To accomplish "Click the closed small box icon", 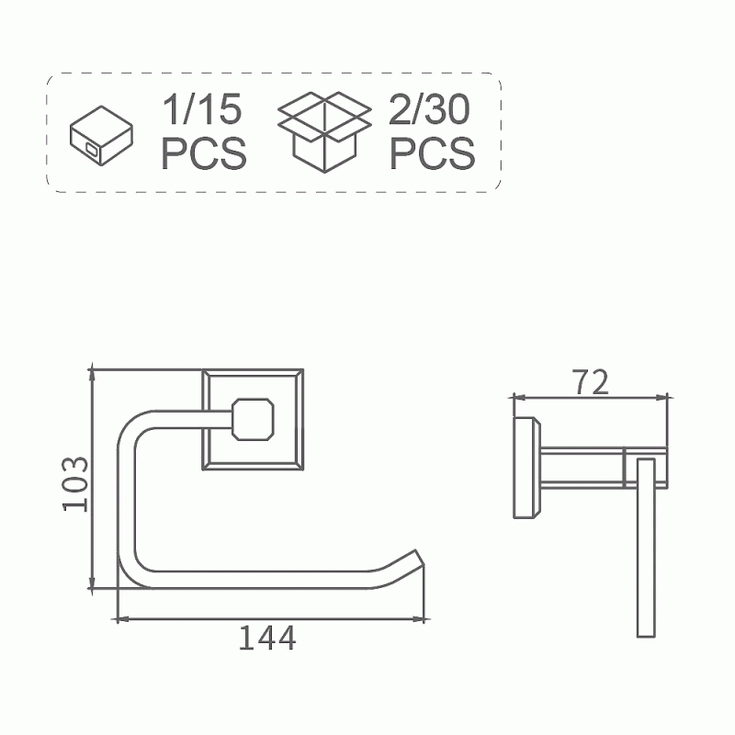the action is [101, 136].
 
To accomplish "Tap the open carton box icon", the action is [325, 132].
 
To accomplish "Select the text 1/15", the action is [202, 109].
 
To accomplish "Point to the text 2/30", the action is [429, 109].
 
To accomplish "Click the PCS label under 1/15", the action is [204, 153].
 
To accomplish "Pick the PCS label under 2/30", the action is [432, 153].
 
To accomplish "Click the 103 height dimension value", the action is [75, 484].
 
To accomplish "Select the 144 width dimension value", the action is [267, 638].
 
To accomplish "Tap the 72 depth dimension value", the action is [591, 382].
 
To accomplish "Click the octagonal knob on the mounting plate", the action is [254, 419].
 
